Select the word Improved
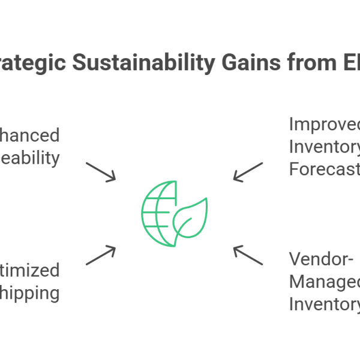pyautogui.click(x=324, y=125)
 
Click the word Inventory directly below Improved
pyautogui.click(x=324, y=147)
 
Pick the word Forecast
pyautogui.click(x=324, y=169)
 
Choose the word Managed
pyautogui.click(x=324, y=282)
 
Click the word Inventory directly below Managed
pyautogui.click(x=324, y=304)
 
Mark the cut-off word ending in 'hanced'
pyautogui.click(x=30, y=136)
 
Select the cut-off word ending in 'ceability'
pyautogui.click(x=30, y=158)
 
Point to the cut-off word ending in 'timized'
pyautogui.click(x=30, y=271)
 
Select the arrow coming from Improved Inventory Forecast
pyautogui.click(x=248, y=172)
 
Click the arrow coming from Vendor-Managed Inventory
pyautogui.click(x=248, y=254)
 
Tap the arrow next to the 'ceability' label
pyautogui.click(x=100, y=171)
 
